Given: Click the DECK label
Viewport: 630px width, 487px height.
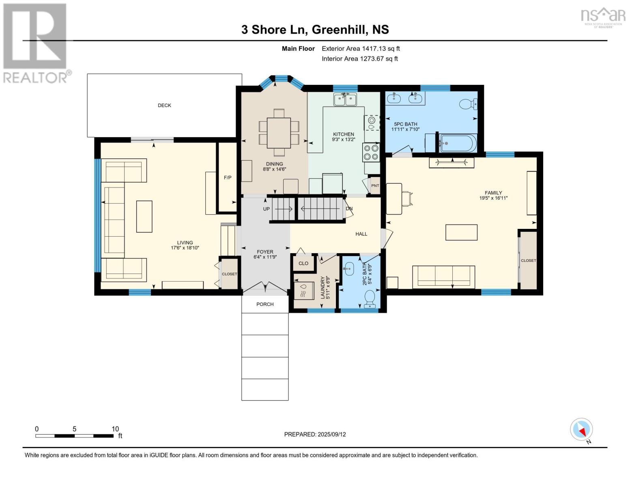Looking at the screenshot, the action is coord(164,105).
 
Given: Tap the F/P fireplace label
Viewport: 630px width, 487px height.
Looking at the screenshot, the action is coord(228,177).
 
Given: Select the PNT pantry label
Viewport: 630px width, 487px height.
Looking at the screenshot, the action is coord(375,185).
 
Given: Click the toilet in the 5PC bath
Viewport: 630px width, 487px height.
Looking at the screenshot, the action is coord(468,104).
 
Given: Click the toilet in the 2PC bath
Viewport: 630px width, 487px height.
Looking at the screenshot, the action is coord(370,299).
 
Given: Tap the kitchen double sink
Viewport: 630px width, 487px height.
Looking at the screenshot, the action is coord(345,99).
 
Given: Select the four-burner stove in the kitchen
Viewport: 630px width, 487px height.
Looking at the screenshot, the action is coord(371,153).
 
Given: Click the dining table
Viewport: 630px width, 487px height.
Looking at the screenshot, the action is coord(279,133).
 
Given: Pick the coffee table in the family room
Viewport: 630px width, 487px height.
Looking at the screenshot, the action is coord(461,232).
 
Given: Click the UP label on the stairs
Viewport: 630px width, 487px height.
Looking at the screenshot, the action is coord(266,209).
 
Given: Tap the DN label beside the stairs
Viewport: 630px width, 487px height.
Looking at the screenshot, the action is coord(349,209).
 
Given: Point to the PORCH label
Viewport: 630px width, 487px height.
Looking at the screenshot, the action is coord(265,304).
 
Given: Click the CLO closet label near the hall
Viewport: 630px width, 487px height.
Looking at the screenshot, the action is coord(303,263).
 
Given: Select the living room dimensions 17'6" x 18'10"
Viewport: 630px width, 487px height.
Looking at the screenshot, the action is coord(185,248).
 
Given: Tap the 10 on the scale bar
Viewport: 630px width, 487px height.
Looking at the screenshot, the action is coord(115,429).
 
